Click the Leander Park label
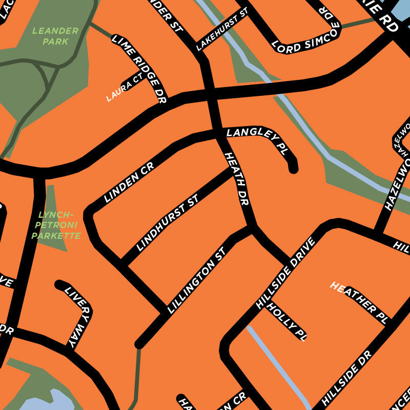tap(55, 36)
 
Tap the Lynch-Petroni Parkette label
tap(56, 225)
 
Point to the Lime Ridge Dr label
tap(139, 69)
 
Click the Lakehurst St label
tap(221, 30)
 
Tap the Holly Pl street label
tap(287, 322)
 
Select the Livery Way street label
tap(77, 318)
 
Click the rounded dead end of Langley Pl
tap(293, 168)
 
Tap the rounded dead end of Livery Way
tap(59, 284)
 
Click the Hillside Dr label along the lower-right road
tap(347, 378)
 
